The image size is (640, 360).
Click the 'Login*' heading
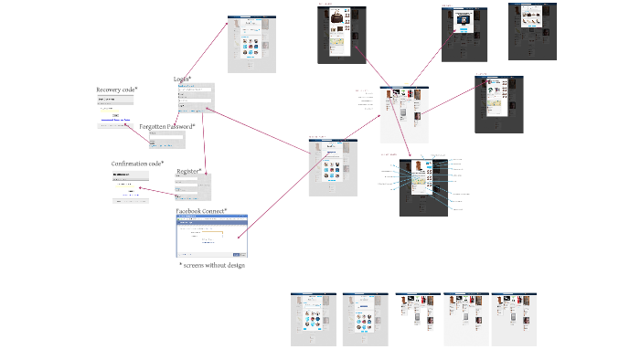point(182,79)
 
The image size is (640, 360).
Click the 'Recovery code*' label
point(117,90)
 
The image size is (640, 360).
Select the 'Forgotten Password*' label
point(167,126)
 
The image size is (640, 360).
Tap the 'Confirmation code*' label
point(137,164)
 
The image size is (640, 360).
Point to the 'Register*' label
point(188,171)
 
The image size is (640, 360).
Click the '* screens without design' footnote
point(212,265)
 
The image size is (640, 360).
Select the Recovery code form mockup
point(116,111)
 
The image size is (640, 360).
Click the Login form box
point(196,99)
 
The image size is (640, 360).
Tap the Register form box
point(192,188)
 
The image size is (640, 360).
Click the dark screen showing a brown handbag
point(342,34)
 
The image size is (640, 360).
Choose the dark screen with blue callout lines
point(423,186)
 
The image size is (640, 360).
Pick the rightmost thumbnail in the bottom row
point(515,319)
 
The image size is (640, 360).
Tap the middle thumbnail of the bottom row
point(417,319)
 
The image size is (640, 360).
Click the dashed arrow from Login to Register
point(205,142)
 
